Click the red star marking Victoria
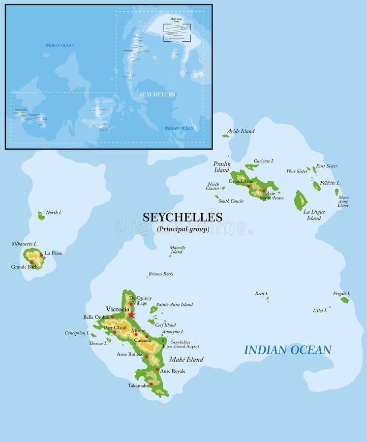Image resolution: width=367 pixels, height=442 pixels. pyautogui.click(x=131, y=314)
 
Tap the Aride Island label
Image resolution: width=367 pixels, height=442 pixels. pyautogui.click(x=241, y=131)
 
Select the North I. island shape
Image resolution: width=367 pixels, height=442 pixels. pyautogui.click(x=41, y=216)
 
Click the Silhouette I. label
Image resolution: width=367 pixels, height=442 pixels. pyautogui.click(x=24, y=244)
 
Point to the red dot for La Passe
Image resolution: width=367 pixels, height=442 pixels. pyautogui.click(x=41, y=254)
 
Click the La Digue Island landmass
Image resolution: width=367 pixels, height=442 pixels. pyautogui.click(x=301, y=201)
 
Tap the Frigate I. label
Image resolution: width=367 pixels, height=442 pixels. pyautogui.click(x=341, y=293)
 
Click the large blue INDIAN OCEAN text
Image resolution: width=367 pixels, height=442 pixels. pyautogui.click(x=288, y=350)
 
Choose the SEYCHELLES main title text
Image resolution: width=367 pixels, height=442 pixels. pyautogui.click(x=183, y=217)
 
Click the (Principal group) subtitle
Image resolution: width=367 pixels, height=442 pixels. pyautogui.click(x=183, y=229)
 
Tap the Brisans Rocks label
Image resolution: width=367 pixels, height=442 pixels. pyautogui.click(x=160, y=274)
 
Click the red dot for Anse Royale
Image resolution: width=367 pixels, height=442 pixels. pyautogui.click(x=157, y=369)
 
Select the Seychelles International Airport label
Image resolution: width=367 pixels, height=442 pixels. pyautogui.click(x=184, y=344)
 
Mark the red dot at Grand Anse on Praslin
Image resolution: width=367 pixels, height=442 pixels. pyautogui.click(x=249, y=186)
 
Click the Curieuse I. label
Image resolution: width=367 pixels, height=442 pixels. pyautogui.click(x=264, y=161)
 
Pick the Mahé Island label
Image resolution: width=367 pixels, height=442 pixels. pyautogui.click(x=187, y=359)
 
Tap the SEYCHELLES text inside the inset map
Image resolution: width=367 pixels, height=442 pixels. pyautogui.click(x=157, y=94)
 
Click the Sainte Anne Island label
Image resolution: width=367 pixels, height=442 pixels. pyautogui.click(x=175, y=304)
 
